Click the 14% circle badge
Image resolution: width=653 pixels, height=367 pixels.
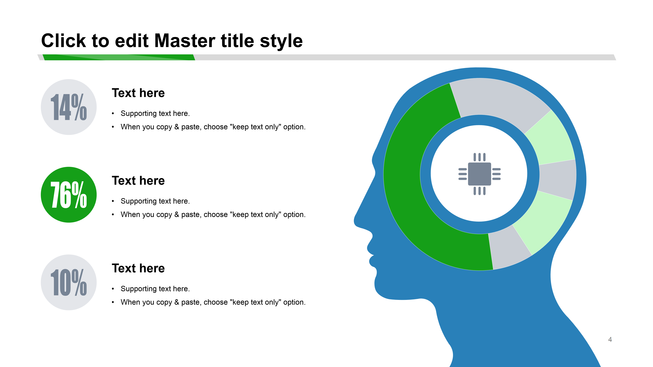pos(69,107)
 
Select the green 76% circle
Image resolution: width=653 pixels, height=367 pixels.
pos(69,195)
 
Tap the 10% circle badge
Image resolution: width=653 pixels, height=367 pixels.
pos(69,282)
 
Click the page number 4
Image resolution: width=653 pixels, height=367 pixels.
pos(610,339)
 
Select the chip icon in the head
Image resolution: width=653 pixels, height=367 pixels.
pos(479,174)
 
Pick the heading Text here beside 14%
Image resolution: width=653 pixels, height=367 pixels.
pos(138,93)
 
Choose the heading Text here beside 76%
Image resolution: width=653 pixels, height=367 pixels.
pos(138,181)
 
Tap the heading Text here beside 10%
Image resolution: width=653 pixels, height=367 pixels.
pos(138,268)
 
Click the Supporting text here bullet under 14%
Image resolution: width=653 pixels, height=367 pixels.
pos(155,113)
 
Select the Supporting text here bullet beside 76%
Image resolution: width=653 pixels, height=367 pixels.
pos(155,201)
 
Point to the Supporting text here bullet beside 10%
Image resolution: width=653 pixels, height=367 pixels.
pos(155,289)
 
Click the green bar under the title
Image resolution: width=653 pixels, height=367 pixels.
pos(119,57)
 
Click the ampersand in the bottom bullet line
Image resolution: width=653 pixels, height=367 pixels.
pos(177,302)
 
